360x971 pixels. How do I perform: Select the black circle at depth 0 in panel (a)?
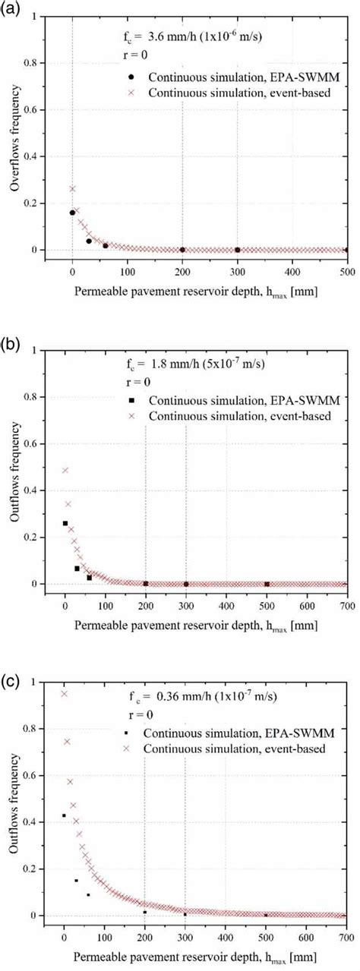point(72,213)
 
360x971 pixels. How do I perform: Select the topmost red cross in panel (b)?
point(65,470)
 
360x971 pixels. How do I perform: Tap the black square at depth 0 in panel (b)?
point(65,523)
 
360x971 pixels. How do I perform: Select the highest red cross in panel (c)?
point(65,693)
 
